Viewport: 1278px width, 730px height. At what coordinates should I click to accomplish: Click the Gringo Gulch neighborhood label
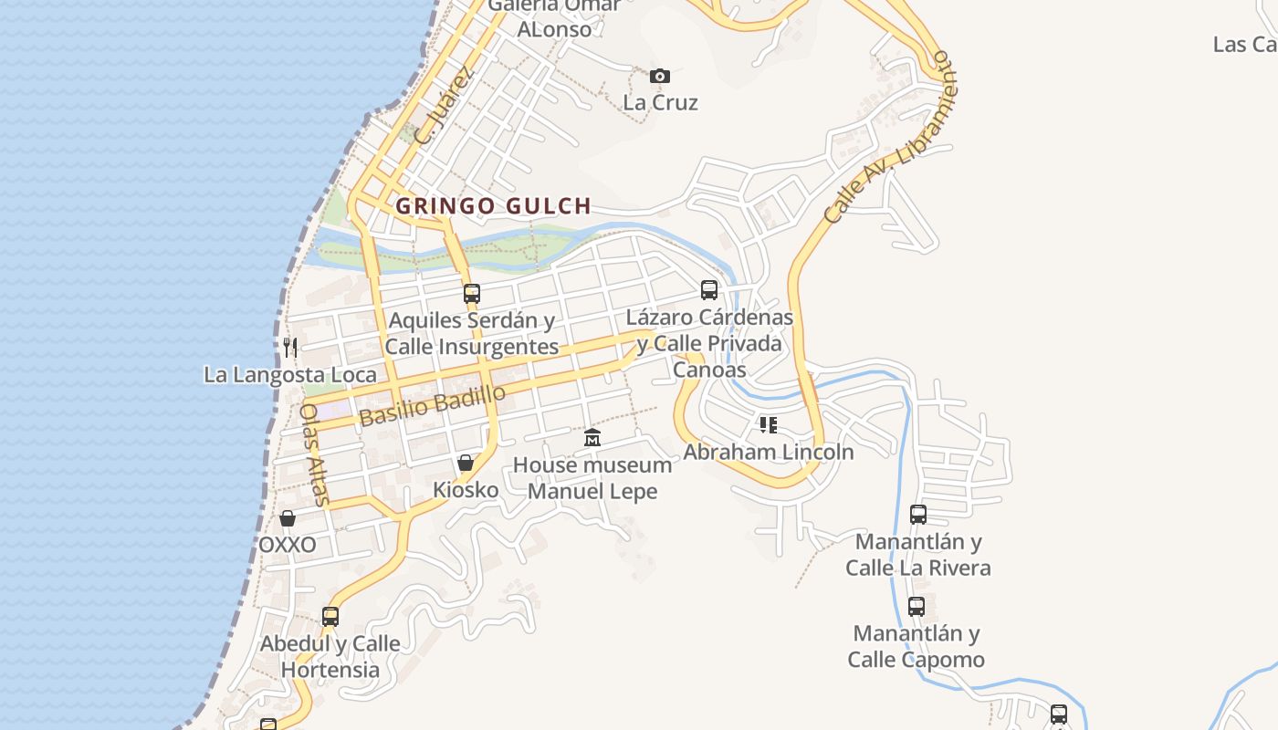(x=493, y=206)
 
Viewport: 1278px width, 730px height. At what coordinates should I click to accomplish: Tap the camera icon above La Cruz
(x=659, y=76)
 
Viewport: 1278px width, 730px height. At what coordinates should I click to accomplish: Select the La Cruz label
(x=660, y=102)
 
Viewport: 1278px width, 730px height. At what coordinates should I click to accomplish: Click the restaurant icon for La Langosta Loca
(x=290, y=347)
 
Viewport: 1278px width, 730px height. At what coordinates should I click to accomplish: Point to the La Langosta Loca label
(x=289, y=374)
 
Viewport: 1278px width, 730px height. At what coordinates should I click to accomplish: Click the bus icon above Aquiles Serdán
(x=472, y=293)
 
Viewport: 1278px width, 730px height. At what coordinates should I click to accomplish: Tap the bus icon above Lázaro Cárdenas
(x=709, y=290)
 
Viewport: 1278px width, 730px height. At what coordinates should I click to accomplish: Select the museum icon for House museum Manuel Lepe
(x=592, y=438)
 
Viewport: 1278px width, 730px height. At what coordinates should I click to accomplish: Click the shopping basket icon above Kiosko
(x=466, y=463)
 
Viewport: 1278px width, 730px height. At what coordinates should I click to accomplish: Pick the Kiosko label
(x=466, y=490)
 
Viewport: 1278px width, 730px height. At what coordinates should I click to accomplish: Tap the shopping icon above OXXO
(x=288, y=518)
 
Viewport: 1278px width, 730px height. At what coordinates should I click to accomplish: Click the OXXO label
(x=288, y=545)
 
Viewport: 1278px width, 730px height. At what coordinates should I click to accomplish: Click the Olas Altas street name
(x=314, y=454)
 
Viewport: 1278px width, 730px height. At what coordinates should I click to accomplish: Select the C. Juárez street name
(x=445, y=106)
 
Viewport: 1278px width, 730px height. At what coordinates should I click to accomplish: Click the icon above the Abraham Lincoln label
(x=769, y=425)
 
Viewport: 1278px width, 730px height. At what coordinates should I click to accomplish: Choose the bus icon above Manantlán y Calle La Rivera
(x=918, y=515)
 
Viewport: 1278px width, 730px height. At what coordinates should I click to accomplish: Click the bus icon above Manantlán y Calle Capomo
(x=917, y=606)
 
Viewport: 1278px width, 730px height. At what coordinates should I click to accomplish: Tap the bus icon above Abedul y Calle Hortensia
(x=330, y=617)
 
